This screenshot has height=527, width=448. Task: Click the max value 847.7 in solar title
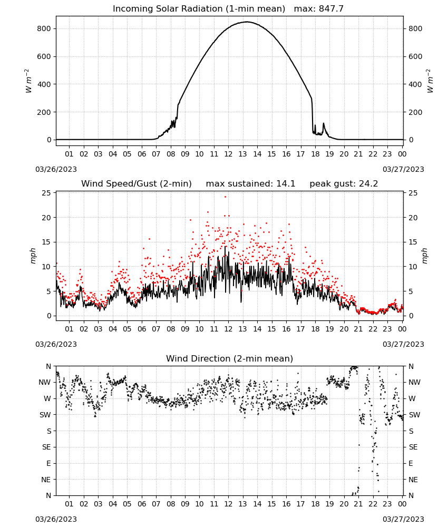pos(331,8)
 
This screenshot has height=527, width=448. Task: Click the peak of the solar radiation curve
pos(247,22)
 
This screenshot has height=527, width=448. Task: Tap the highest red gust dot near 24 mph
pos(225,197)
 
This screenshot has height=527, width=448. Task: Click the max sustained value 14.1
pos(286,184)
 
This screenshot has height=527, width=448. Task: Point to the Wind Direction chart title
pos(230,358)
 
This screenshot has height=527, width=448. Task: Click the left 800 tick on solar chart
pos(44,28)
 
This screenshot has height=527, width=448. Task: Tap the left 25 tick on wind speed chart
pos(46,193)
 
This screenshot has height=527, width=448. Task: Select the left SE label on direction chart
pos(46,447)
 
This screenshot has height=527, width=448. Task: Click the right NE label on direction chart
pos(413,480)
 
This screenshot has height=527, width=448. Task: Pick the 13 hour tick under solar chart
pos(242,154)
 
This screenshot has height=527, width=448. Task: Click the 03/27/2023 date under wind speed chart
pos(403,344)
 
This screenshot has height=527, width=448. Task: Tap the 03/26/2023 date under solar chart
pos(56,169)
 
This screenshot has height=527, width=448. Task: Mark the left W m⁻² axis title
pos(29,81)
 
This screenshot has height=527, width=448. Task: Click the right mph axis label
pos(424,256)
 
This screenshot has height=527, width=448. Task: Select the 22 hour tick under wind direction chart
pos(373,504)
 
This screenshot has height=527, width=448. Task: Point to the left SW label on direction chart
pos(45,415)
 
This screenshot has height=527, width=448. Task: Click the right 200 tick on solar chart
pos(415,112)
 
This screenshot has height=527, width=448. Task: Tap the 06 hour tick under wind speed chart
pos(142,329)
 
